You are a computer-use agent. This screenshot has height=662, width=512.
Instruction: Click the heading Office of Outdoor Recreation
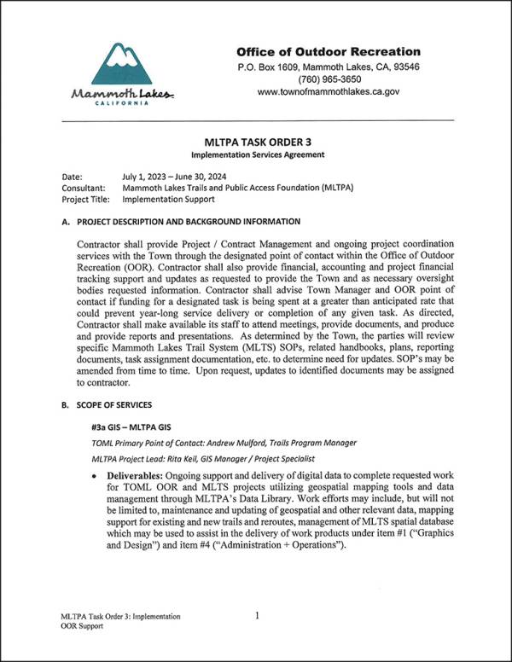329,51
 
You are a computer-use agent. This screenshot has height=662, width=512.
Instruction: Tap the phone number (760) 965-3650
328,78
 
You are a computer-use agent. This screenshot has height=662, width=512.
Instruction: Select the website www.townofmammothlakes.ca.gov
328,91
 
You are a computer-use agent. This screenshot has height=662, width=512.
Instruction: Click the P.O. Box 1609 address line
328,67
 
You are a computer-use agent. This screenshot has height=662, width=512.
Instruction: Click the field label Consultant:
84,188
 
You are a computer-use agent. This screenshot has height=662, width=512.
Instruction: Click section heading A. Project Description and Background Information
181,221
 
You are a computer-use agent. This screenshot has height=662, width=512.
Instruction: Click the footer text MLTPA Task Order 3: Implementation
120,615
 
